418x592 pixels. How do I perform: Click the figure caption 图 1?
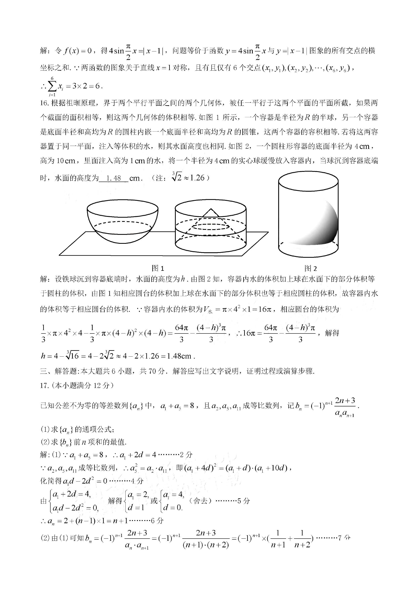tap(158, 268)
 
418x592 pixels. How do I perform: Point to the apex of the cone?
tap(211, 209)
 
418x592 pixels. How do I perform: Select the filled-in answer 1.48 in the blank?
tap(113, 178)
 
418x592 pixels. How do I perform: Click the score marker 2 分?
tap(186, 455)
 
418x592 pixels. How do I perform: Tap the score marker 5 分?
tap(243, 501)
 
